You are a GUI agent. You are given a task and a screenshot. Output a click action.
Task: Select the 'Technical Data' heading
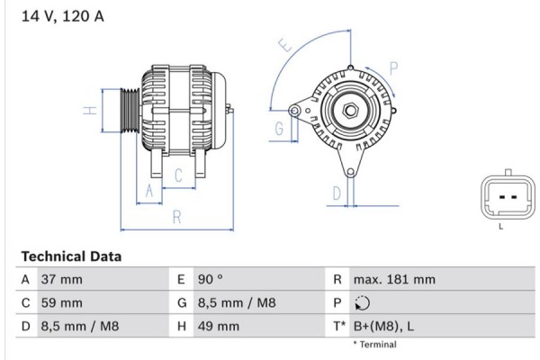click(x=70, y=256)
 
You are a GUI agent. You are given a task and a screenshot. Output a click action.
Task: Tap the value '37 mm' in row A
click(x=61, y=280)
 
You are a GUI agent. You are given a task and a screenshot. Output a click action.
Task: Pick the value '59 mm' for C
click(x=61, y=303)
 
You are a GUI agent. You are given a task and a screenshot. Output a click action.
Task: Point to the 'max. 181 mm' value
click(x=393, y=280)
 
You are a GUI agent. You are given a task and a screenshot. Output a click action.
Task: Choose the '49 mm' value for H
click(x=220, y=327)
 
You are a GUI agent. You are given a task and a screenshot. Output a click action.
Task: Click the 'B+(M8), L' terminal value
click(x=384, y=327)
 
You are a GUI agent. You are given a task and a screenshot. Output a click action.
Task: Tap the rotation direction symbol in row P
click(x=362, y=303)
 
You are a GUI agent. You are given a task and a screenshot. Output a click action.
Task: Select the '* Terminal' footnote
click(x=373, y=345)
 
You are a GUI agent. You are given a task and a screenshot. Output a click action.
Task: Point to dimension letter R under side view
click(x=176, y=216)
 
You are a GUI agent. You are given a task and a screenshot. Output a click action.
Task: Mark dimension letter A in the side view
click(x=150, y=191)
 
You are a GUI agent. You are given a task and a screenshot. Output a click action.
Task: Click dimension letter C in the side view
click(x=178, y=175)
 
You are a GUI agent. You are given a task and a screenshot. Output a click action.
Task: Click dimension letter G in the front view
click(x=279, y=129)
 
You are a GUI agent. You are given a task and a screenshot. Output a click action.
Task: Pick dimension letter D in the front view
click(x=336, y=193)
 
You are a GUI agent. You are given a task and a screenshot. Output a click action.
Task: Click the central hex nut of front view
click(x=348, y=112)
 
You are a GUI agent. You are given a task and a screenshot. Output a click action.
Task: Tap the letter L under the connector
click(x=500, y=227)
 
